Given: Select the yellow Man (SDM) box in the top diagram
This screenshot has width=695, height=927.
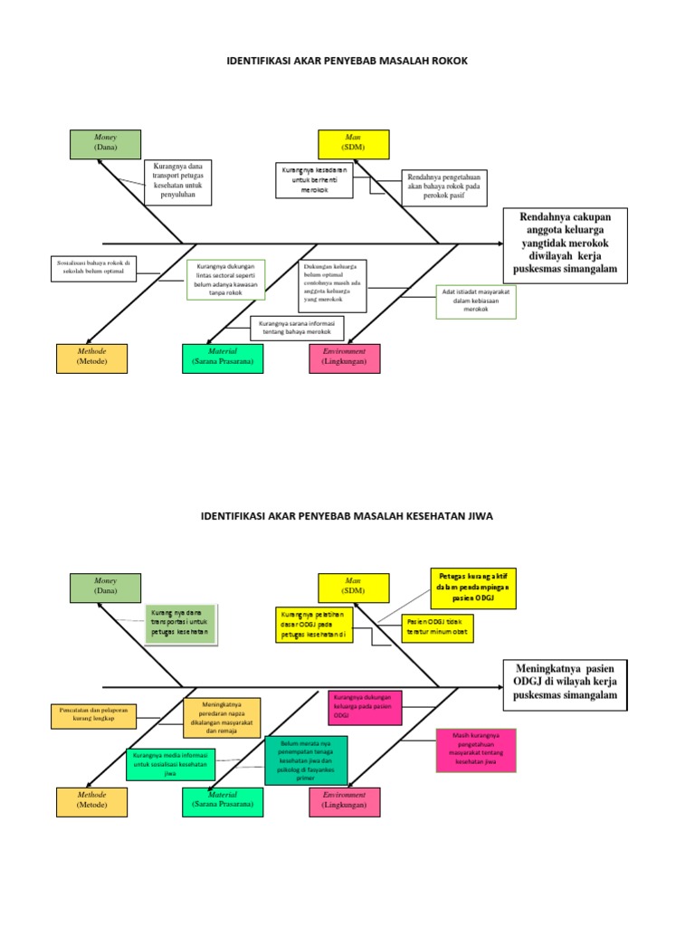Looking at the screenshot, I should pos(353,144).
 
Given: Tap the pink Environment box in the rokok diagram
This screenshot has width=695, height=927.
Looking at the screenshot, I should pos(344,358).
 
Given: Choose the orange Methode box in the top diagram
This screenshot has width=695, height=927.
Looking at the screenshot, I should pos(91,358).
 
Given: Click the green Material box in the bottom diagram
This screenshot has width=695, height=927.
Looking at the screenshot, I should pos(222,802).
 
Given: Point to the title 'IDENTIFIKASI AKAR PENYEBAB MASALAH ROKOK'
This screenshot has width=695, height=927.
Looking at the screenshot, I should pos(347,62).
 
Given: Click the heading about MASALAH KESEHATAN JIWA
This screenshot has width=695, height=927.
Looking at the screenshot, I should pos(347,515).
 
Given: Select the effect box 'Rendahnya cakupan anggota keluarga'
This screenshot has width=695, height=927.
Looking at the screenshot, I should pos(564,245).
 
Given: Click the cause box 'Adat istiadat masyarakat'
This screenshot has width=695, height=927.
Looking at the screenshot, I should pos(475,301).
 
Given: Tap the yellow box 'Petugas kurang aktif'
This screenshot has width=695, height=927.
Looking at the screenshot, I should pos(472,588).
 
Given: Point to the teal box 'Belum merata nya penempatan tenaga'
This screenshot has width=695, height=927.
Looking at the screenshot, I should pos(306,760).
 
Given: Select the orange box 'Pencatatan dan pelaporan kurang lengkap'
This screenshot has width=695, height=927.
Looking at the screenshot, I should pos(93,715).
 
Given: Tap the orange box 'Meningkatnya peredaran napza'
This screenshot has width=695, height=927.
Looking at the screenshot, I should pos(222,717).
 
